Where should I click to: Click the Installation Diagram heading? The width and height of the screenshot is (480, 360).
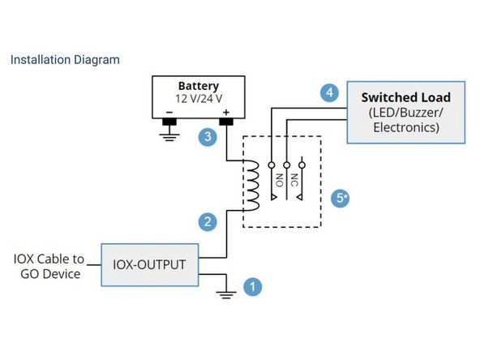click(x=64, y=59)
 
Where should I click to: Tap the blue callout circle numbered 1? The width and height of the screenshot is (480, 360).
click(x=254, y=285)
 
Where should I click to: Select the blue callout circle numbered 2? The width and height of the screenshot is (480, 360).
click(x=208, y=221)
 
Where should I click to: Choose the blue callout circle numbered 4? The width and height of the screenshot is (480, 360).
click(x=329, y=93)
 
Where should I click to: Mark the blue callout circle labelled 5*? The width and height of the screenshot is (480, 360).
click(x=341, y=197)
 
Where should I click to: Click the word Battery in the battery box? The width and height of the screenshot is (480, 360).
click(x=198, y=85)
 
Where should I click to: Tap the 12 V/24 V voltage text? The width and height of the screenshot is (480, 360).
click(x=198, y=98)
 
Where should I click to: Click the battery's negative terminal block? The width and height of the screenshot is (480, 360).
click(x=170, y=122)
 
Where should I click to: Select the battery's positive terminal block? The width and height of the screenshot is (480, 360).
click(x=226, y=122)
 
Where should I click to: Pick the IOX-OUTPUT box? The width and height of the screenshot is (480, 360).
click(x=150, y=264)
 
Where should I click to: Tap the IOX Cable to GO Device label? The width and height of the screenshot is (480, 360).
click(x=49, y=266)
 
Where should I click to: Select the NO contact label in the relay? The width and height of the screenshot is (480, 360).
click(x=278, y=180)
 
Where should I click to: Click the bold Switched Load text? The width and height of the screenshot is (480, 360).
click(x=406, y=97)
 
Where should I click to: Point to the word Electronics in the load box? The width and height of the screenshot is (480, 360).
click(x=405, y=127)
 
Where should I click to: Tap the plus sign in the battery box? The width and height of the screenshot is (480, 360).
click(x=226, y=113)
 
